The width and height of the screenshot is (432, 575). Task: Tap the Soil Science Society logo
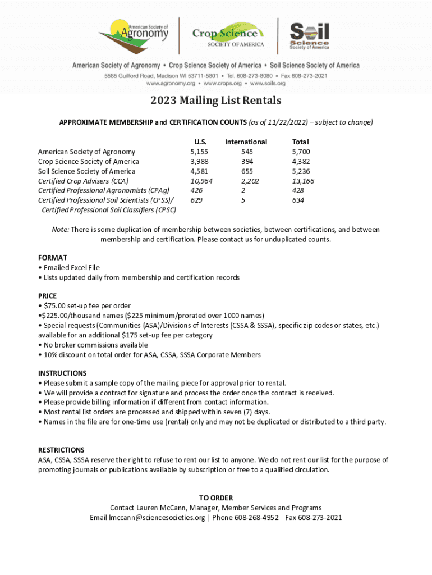309,36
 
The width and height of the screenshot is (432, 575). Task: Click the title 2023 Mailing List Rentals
215,101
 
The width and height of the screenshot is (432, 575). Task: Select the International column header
246,142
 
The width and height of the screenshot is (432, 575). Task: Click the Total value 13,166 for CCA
303,181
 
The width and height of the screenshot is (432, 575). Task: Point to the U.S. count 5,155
199,152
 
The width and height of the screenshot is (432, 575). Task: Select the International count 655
246,171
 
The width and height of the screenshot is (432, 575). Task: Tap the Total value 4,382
301,162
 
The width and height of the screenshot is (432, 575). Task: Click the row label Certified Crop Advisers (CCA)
83,181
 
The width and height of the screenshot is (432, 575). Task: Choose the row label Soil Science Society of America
86,171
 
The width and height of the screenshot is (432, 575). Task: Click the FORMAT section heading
52,258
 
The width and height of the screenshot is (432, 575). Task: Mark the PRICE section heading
47,296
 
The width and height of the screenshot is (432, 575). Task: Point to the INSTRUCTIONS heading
62,373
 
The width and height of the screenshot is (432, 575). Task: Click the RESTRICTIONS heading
61,450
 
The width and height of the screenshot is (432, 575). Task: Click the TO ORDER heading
216,498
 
